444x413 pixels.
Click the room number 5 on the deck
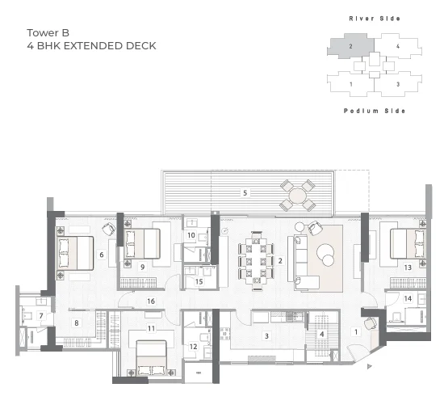(x=245, y=193)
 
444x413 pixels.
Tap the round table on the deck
(x=297, y=196)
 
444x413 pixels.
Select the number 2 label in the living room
(x=280, y=260)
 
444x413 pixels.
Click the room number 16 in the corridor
(x=151, y=301)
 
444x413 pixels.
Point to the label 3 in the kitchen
(x=266, y=336)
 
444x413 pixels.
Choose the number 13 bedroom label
(x=408, y=268)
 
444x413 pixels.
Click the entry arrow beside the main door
(x=369, y=366)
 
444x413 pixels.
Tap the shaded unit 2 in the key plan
(x=350, y=46)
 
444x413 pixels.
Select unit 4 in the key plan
(x=398, y=46)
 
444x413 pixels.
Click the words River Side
(x=375, y=19)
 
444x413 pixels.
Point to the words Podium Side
(x=375, y=111)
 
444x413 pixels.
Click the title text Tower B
(x=48, y=33)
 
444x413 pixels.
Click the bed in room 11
(x=151, y=358)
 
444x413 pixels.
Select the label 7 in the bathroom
(x=41, y=315)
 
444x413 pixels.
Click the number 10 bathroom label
(x=191, y=235)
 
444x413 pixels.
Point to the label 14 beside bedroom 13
(x=408, y=298)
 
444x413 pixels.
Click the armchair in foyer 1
(x=371, y=322)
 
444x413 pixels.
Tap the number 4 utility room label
(x=321, y=334)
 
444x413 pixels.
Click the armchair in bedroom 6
(x=108, y=229)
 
